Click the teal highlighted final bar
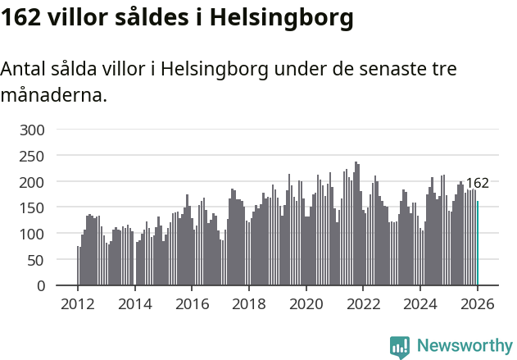tap(478, 243)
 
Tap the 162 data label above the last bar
tap(477, 183)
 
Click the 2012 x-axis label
tap(78, 303)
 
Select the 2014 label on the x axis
tap(135, 303)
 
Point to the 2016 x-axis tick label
tap(192, 303)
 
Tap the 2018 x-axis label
tap(249, 303)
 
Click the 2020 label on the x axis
tap(306, 303)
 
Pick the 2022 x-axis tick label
tap(363, 303)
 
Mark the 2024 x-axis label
tap(420, 303)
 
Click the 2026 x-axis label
tap(477, 303)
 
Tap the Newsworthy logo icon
tap(400, 347)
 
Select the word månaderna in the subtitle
tap(54, 95)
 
